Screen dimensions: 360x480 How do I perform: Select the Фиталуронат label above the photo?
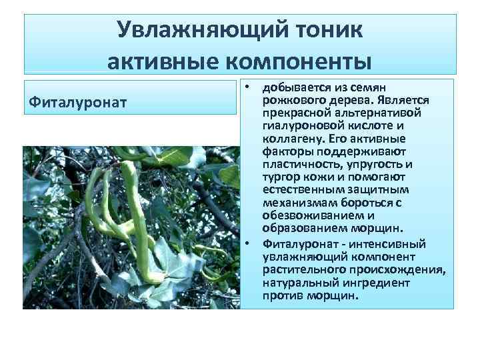[x=68, y=103]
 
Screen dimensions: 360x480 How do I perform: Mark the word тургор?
[x=281, y=177]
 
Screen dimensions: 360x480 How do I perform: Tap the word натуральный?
[x=297, y=282]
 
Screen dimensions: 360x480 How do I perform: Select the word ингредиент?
[x=373, y=282]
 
